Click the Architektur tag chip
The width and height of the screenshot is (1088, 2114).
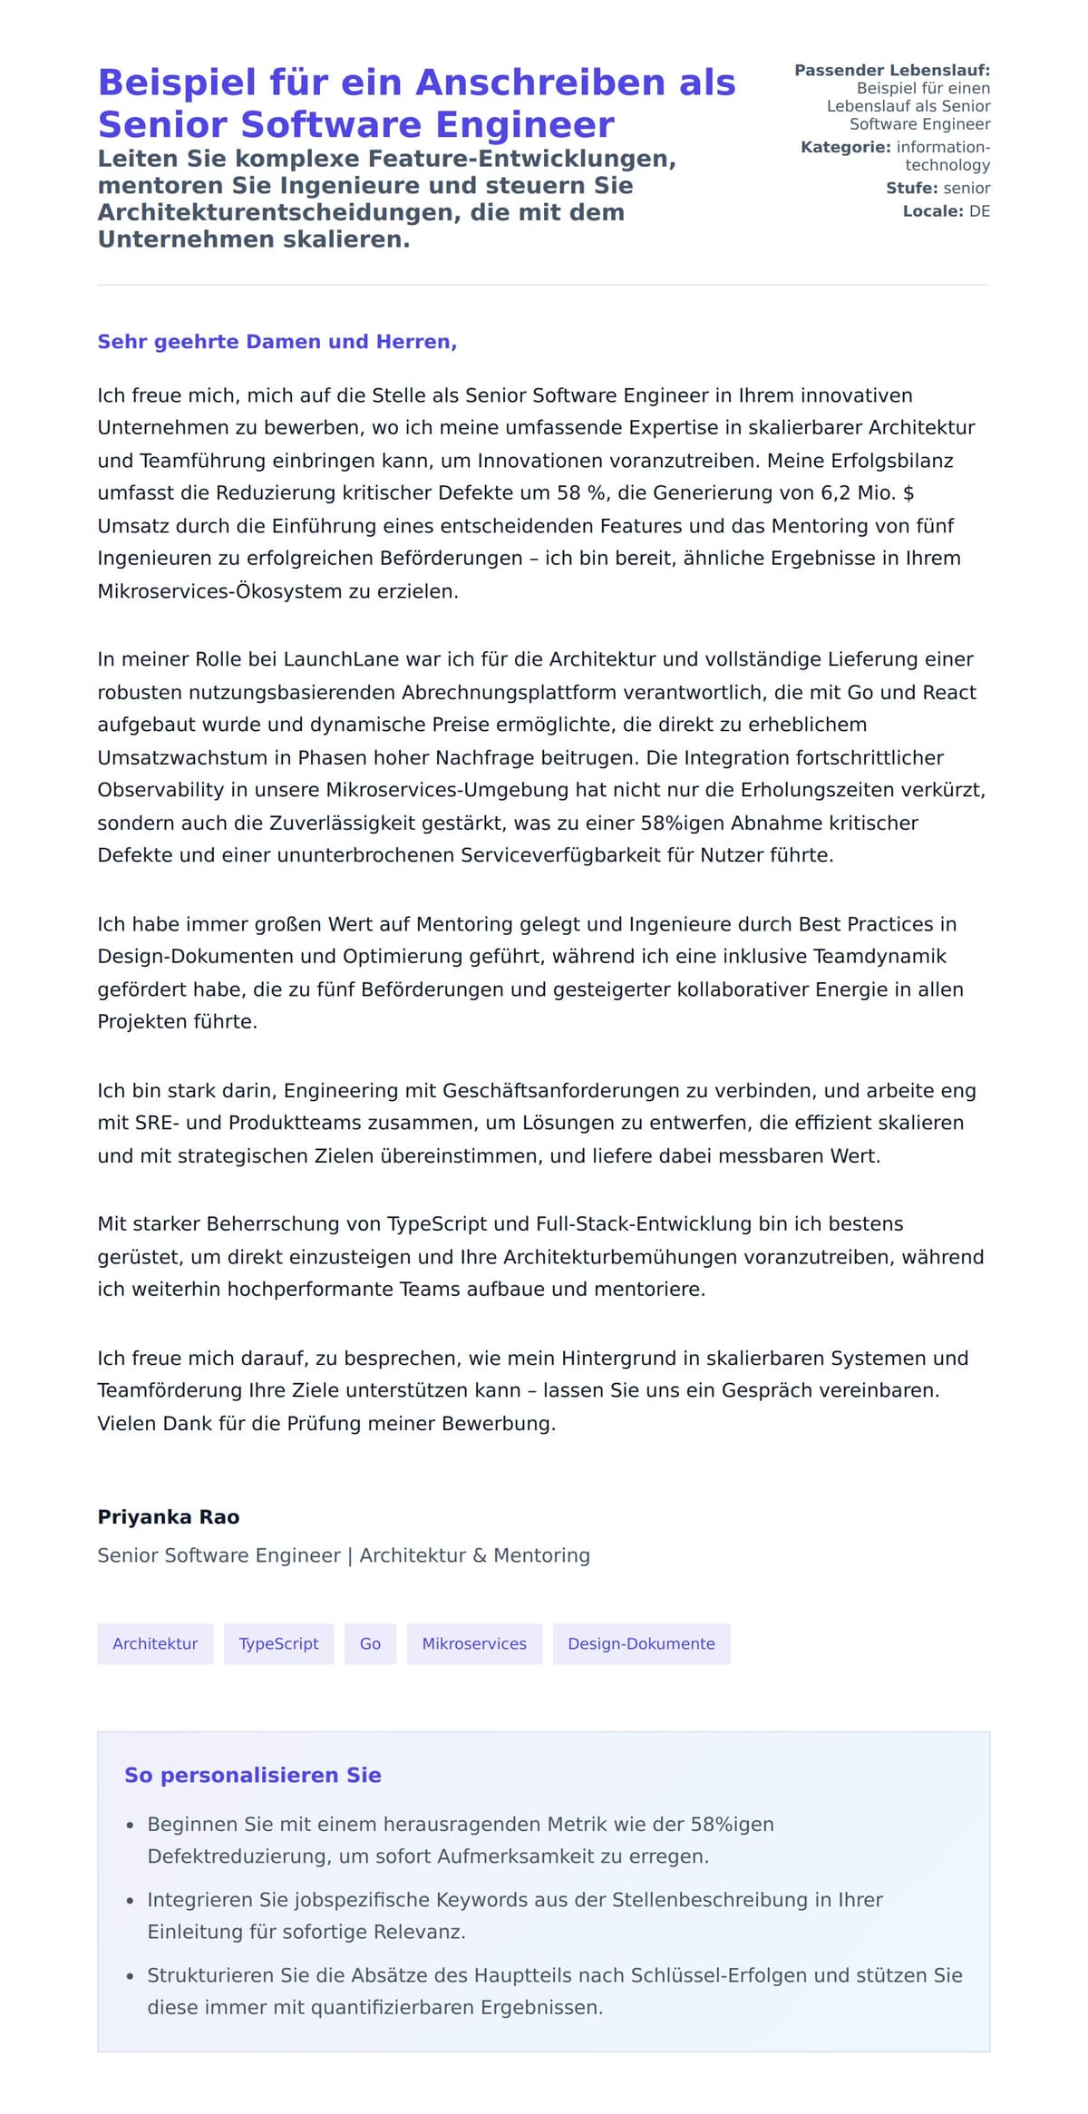(x=155, y=1643)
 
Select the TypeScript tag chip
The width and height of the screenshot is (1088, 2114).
(x=278, y=1643)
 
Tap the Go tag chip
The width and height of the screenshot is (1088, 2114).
(x=370, y=1643)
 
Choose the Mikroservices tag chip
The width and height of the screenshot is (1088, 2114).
(x=474, y=1643)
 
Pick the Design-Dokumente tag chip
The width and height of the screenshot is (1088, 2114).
(x=641, y=1643)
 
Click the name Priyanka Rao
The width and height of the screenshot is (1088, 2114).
(x=169, y=1517)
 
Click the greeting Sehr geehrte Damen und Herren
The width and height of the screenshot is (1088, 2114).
(x=277, y=342)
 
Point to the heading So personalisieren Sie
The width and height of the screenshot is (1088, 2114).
(x=252, y=1775)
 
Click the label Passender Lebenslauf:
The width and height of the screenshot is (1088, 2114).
(x=892, y=70)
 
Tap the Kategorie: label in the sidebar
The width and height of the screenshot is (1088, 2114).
(x=845, y=147)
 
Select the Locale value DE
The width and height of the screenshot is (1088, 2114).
(x=979, y=211)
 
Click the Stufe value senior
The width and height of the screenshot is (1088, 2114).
(x=967, y=188)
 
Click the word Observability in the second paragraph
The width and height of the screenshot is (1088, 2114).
(x=160, y=790)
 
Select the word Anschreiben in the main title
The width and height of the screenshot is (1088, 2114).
(x=540, y=83)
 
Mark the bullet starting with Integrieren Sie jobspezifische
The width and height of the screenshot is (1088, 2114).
(x=515, y=1914)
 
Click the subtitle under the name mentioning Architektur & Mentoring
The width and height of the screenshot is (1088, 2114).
(x=344, y=1555)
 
